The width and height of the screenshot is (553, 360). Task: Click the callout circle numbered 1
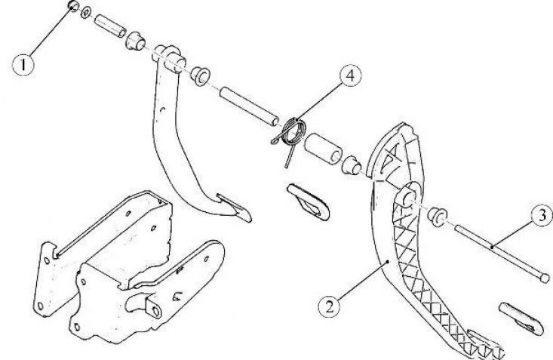23,65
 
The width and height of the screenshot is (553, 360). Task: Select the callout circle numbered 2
330,306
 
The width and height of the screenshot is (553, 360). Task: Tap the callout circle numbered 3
542,215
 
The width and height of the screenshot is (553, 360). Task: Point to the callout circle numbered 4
351,76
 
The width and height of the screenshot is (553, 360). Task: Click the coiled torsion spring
292,136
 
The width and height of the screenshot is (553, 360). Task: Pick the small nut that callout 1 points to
73,6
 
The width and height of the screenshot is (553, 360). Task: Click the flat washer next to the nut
86,13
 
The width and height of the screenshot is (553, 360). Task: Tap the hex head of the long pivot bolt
545,278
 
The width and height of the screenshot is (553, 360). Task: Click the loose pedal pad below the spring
309,202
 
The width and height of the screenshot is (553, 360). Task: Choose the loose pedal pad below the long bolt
521,318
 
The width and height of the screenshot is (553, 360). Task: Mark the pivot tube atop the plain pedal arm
170,59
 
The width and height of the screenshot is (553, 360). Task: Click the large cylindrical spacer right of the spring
323,149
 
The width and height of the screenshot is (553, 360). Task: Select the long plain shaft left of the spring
250,107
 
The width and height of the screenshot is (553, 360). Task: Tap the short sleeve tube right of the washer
109,26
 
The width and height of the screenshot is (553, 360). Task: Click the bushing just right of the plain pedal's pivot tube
201,76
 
